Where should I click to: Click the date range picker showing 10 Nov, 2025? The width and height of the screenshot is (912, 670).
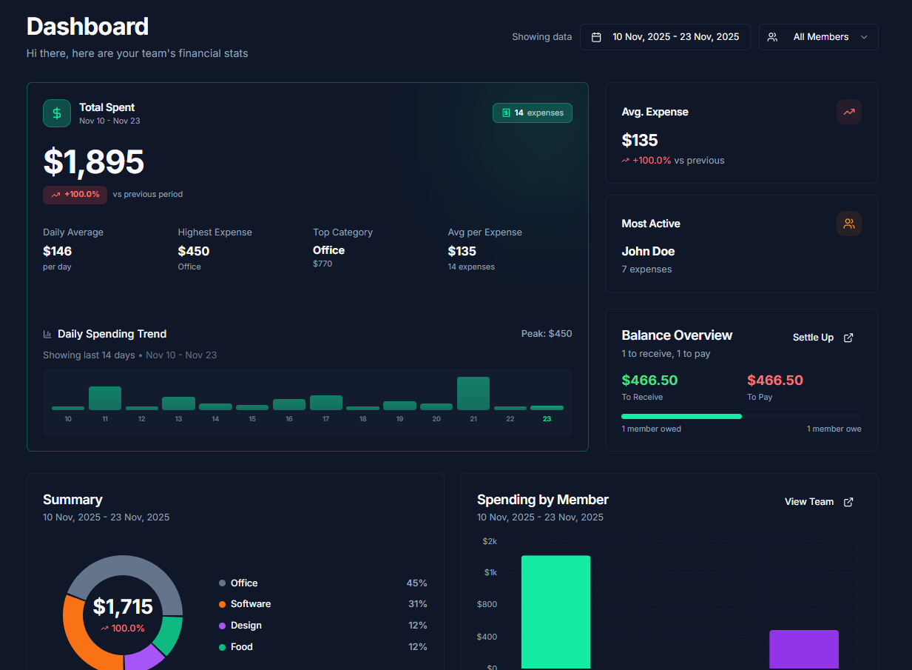(665, 37)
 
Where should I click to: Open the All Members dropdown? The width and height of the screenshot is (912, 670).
(819, 37)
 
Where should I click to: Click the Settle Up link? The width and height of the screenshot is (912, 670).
(822, 338)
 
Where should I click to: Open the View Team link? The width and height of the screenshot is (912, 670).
(818, 502)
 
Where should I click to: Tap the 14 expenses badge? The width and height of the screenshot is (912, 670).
(533, 113)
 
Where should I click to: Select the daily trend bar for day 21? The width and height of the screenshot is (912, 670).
(473, 393)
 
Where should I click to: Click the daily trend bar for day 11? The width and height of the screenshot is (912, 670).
(105, 398)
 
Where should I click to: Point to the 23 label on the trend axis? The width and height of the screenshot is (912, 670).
(547, 419)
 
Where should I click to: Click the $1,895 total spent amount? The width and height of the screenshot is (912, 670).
(94, 162)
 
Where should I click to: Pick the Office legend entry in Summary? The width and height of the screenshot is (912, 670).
(243, 583)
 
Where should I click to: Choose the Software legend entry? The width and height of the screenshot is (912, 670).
(250, 604)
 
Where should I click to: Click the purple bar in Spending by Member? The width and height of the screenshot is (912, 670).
(804, 649)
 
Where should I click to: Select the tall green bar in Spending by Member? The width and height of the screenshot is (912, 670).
(555, 612)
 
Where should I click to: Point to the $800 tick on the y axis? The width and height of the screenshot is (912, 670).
(487, 605)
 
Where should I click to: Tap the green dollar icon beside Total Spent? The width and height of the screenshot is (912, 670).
(57, 113)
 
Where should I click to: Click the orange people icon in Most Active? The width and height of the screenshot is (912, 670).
(849, 224)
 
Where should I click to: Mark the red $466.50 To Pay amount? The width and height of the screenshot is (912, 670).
(774, 381)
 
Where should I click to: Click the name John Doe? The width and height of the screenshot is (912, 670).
(648, 252)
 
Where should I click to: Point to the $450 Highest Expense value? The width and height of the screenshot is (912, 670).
(194, 252)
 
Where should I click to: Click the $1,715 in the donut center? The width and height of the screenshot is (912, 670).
(123, 608)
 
